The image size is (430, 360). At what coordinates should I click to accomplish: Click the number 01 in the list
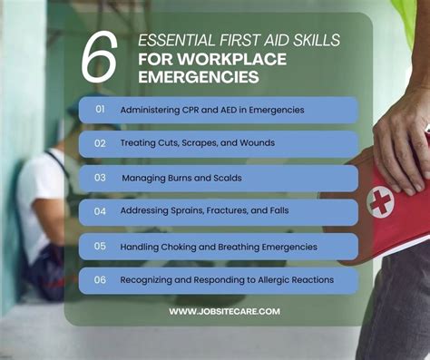click(x=100, y=110)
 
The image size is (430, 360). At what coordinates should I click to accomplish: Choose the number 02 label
click(x=100, y=143)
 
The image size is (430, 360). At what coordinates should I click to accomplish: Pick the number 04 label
click(x=100, y=211)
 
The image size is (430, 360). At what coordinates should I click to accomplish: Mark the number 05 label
click(x=100, y=246)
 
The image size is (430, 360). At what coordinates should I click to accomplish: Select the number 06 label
click(x=100, y=279)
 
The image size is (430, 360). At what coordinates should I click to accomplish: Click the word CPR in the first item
click(x=194, y=110)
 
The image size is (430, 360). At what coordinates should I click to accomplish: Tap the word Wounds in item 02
click(x=256, y=143)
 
